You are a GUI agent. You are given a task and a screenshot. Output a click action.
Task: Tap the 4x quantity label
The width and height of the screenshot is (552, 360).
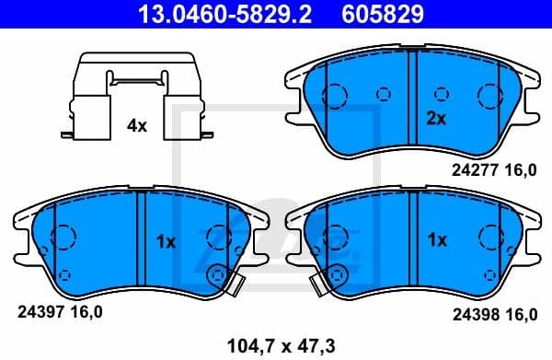click(x=136, y=126)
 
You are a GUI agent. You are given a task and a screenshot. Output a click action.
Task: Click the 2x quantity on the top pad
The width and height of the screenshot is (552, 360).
click(x=436, y=118)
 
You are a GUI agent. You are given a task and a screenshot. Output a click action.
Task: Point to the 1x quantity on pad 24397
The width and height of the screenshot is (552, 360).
click(x=166, y=241)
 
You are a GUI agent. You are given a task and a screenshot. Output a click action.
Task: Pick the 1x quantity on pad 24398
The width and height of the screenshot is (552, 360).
click(x=436, y=240)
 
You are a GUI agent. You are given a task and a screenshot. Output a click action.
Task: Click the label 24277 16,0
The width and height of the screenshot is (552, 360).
click(x=493, y=168)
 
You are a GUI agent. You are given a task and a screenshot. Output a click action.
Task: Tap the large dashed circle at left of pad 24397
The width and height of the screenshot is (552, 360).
click(x=63, y=238)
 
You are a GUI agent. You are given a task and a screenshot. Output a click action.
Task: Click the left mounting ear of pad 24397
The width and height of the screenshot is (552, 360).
click(x=20, y=218)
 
